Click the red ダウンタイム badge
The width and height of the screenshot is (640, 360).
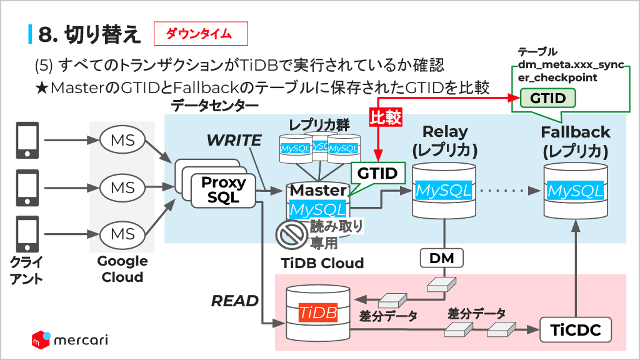click(201, 34)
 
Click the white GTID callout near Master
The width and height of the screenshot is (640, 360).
click(377, 173)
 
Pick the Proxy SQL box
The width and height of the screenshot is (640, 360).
click(223, 190)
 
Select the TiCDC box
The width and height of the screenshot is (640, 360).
click(575, 330)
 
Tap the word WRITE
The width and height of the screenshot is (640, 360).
click(234, 141)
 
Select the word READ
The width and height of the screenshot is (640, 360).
click(234, 301)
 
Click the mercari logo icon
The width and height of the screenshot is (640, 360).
click(41, 339)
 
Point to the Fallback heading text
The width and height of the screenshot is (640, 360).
click(575, 132)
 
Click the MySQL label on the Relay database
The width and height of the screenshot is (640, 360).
click(444, 191)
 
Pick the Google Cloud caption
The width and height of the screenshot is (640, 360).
click(122, 269)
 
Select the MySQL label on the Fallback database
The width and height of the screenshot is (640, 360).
click(575, 191)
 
